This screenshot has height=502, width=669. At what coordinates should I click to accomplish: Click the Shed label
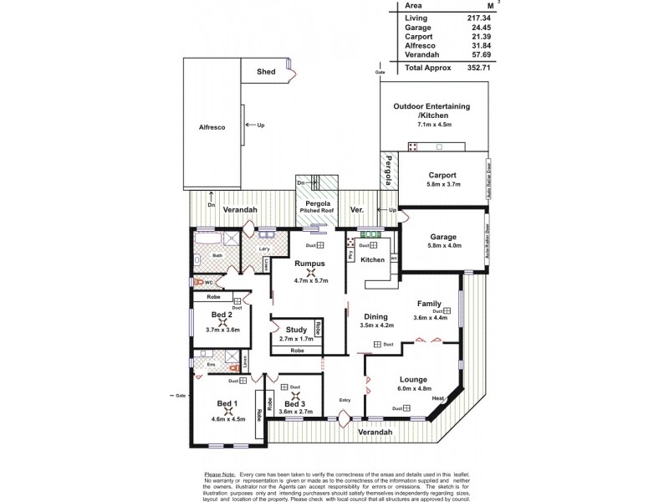point(266,73)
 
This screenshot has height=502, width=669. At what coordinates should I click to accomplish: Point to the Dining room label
point(375,317)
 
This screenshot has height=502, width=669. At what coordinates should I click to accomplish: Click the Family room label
point(430,305)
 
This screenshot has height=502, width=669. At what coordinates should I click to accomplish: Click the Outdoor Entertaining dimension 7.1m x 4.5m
point(434,125)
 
